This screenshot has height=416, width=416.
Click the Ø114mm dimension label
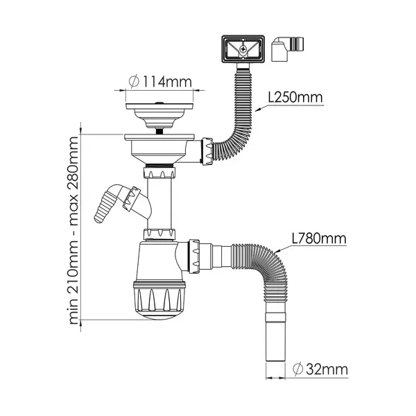[160, 81]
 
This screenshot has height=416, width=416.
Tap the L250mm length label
[295, 97]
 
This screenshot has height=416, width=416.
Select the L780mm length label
[319, 239]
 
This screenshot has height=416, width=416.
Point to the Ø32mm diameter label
[320, 369]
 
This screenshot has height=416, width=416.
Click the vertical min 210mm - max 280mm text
[73, 230]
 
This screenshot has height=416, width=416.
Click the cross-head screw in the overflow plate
[243, 49]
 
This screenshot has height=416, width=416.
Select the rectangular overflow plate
[243, 49]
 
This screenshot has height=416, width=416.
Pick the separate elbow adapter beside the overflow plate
[287, 49]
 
